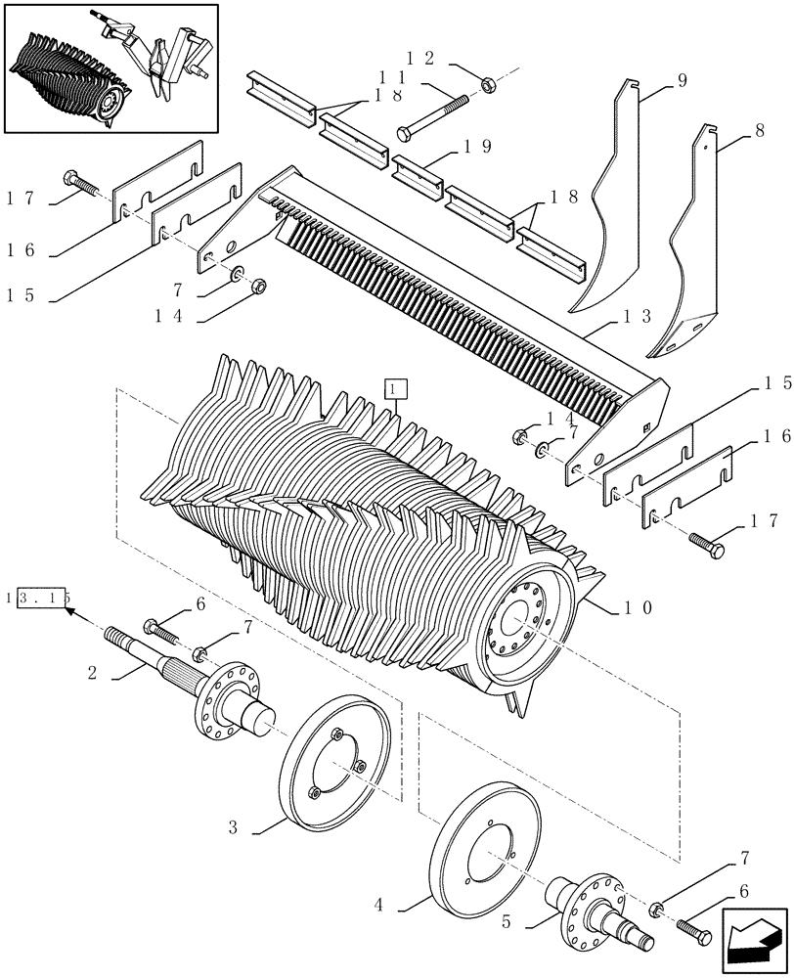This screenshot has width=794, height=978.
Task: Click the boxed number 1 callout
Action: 394,390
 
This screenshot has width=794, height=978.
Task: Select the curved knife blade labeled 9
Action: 611,215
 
